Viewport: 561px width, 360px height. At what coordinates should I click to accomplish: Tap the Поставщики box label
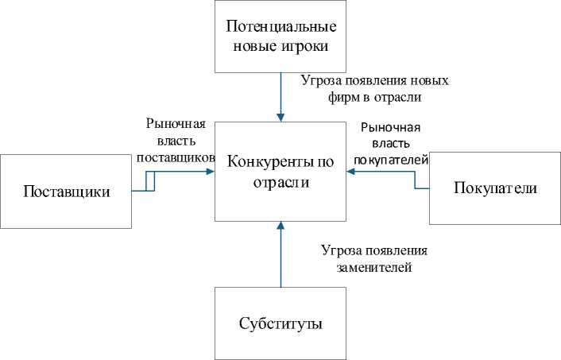(66, 191)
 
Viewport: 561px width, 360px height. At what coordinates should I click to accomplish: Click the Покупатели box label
(495, 188)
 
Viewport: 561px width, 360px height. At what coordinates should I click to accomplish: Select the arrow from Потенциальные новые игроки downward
(280, 95)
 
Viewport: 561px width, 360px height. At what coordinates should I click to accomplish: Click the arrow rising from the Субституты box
(280, 254)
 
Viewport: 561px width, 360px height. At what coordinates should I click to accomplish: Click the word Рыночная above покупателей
(390, 127)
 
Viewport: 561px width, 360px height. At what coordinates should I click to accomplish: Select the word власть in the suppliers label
(176, 141)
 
